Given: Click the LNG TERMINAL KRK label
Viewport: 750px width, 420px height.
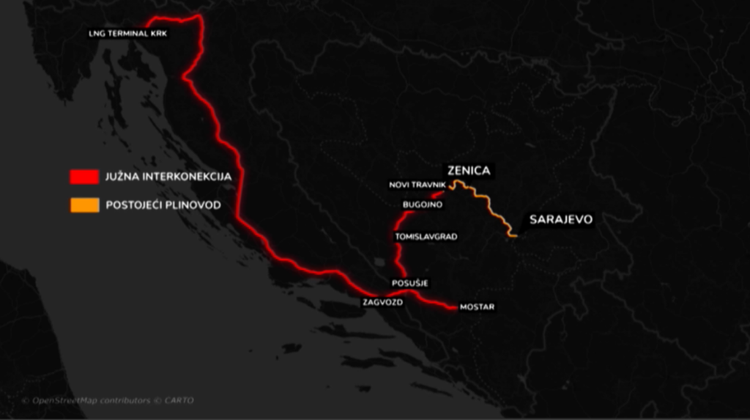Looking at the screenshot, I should point(128,34).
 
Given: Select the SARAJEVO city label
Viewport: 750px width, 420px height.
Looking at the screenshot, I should point(560,218).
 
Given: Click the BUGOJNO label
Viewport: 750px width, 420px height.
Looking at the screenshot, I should point(423,205).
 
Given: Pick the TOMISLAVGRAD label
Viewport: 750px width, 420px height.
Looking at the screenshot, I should point(426,237).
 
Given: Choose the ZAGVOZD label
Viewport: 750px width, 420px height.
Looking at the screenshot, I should point(382,301).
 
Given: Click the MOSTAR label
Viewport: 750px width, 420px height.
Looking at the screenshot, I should point(477,307).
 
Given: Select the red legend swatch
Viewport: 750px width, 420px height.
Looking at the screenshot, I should point(84,177).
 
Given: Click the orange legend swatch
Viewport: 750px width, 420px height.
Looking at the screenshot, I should point(84,205).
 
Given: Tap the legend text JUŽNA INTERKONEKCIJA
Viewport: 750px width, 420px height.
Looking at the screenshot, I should point(168,177).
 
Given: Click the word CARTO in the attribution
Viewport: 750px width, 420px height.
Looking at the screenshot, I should point(179,400).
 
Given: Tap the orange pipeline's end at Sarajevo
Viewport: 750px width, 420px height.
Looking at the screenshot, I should point(516,236).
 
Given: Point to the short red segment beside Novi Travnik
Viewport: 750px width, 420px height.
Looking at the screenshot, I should point(438,195).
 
